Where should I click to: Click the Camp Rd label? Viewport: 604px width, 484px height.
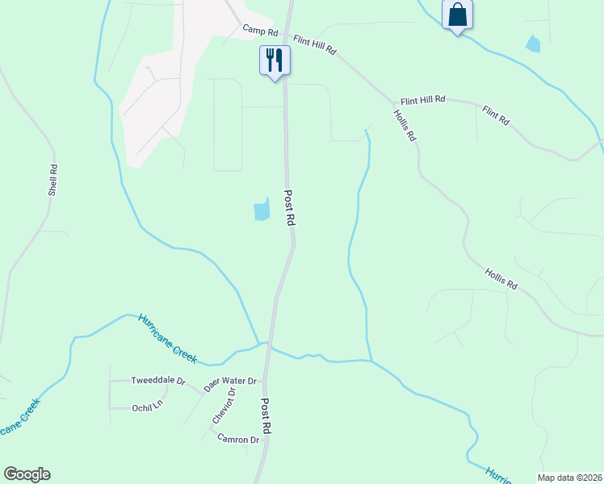[x=260, y=31]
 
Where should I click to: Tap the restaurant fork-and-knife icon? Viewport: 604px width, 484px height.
[x=275, y=60]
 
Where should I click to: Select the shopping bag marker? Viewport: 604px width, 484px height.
[x=457, y=15]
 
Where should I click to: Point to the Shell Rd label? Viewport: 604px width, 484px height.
[x=53, y=181]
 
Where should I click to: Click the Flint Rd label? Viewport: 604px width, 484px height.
[x=496, y=115]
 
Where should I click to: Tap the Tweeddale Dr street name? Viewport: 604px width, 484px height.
[x=158, y=381]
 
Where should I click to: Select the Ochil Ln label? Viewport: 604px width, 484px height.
[x=147, y=407]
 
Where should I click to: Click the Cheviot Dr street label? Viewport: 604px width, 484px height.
[x=223, y=406]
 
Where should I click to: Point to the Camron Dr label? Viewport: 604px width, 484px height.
[x=237, y=440]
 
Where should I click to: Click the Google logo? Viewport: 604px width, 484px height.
[x=27, y=474]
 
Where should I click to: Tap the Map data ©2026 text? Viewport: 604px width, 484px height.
[x=569, y=478]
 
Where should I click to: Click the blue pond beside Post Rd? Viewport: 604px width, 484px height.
[x=262, y=210]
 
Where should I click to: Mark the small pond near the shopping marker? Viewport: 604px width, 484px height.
[x=533, y=44]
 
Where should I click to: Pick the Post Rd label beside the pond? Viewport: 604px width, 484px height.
[x=289, y=209]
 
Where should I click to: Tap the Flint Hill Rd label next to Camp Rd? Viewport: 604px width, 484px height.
[x=315, y=44]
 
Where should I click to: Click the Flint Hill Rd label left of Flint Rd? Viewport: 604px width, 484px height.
[x=422, y=101]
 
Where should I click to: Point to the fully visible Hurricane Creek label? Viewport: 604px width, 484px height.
[x=167, y=337]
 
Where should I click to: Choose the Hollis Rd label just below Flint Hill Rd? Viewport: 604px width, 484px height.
[x=405, y=125]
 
